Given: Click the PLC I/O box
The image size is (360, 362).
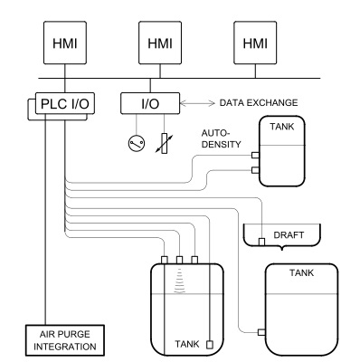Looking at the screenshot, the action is pos(65,103).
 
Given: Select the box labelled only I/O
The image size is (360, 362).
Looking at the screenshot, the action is pos(150,103).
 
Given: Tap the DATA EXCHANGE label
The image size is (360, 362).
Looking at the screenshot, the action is pos(259,102).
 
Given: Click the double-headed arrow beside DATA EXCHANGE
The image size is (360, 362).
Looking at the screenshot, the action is pos(197,103).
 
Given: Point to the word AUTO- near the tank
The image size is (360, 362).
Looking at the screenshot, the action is pos(215,133).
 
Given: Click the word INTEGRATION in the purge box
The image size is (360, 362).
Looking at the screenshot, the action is pos(65,347).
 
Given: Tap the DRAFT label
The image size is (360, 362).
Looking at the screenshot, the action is pos(289,235).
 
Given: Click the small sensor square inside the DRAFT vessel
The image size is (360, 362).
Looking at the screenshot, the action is pos(261,242).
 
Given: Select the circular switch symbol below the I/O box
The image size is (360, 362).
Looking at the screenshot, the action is pos(137,143).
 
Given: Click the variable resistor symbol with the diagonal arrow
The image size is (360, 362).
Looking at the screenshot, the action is pos(165,143).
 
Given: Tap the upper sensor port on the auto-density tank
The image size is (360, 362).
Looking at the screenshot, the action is pos(255,156).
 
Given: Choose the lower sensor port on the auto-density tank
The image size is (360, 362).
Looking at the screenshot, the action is pos(255,170).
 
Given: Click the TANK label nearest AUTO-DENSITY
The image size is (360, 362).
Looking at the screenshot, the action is pos(282,127).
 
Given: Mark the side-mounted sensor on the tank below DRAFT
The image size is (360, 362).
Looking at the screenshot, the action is pos(261,332).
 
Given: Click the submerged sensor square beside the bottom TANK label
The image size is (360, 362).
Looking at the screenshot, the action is pos(210,345).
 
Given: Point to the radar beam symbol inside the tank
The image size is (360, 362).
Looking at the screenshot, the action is pos(179,281).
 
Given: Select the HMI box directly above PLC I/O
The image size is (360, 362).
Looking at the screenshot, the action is pos(65,43).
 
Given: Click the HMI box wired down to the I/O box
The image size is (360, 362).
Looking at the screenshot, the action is pos(160,43).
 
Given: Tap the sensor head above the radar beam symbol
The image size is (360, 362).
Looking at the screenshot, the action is pos(179,260).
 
